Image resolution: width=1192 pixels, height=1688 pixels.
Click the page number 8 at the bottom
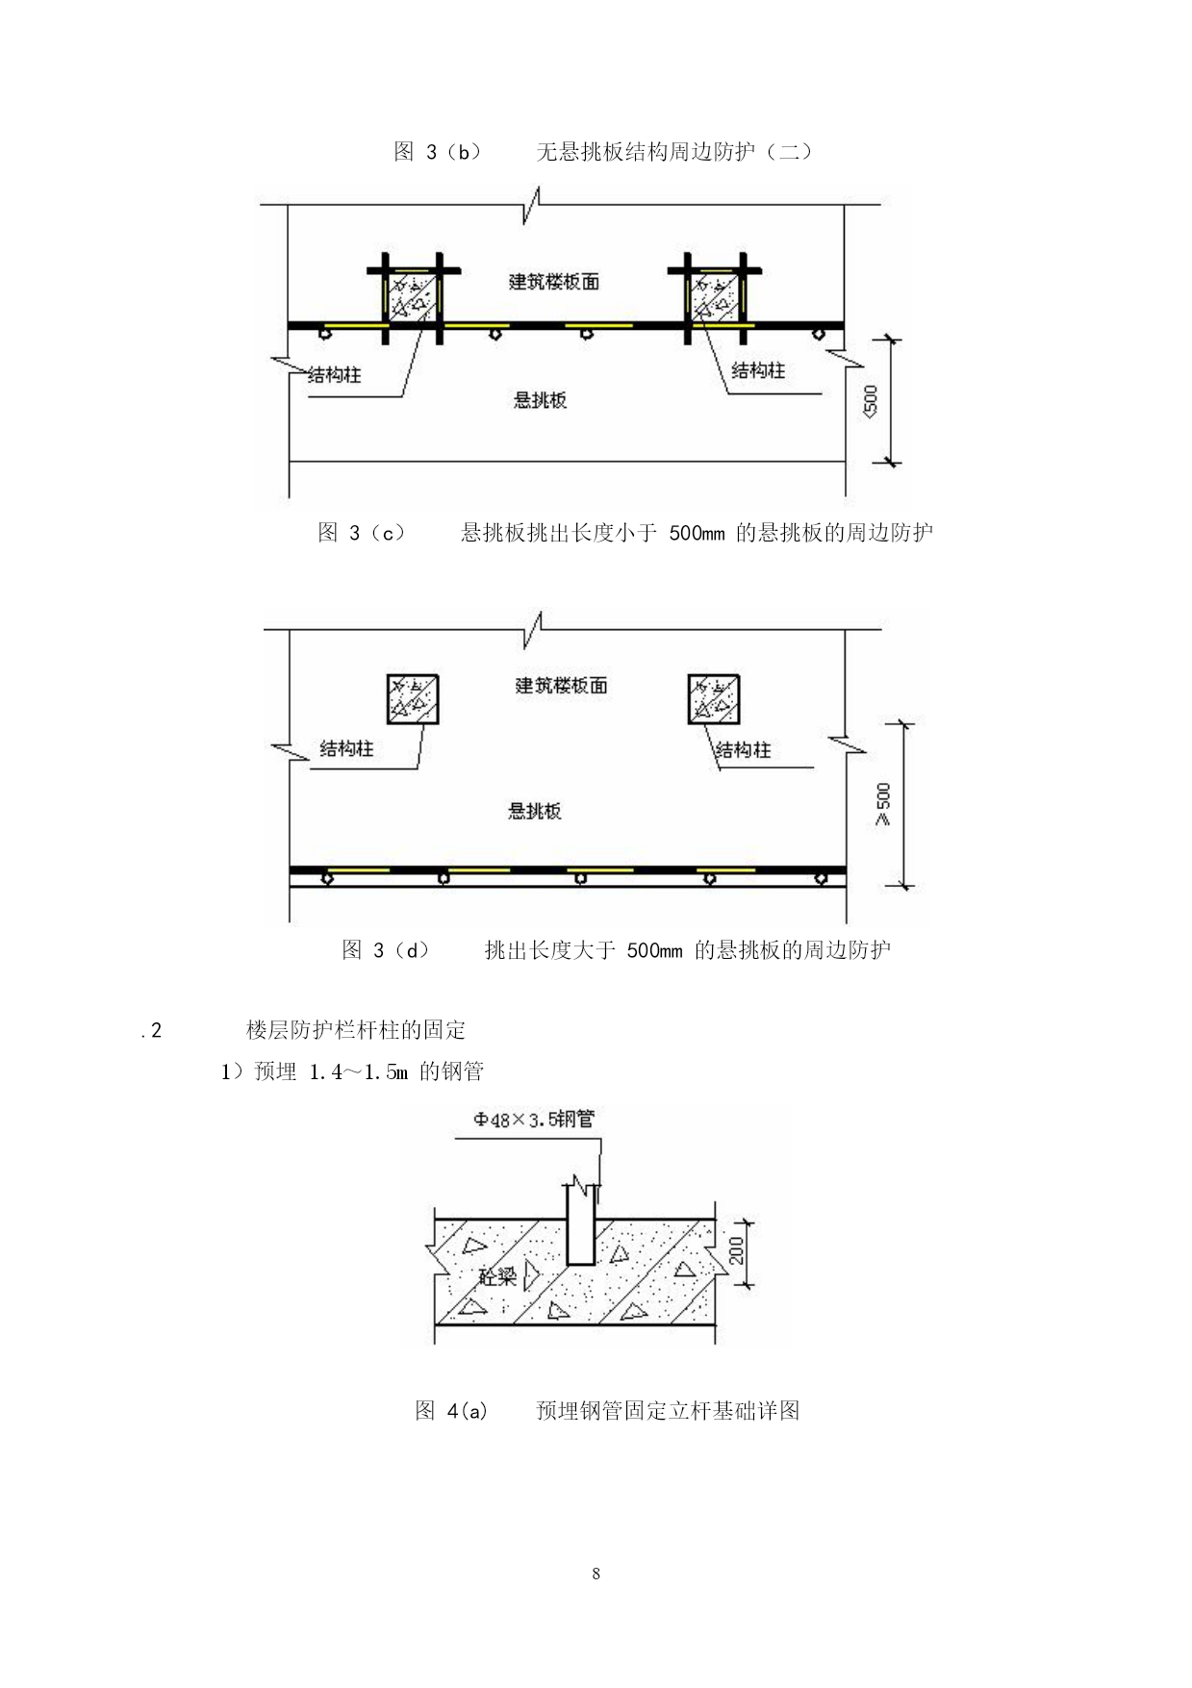pos(596,1575)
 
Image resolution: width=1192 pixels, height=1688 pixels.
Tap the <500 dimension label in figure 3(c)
pos(871,400)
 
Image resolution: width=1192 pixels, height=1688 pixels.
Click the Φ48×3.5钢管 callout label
pos(534,1120)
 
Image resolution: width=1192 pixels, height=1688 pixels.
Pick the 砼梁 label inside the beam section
pos(497,1277)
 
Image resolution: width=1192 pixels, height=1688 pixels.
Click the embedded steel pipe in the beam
pos(580,1224)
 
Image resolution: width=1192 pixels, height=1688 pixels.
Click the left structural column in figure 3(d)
pos(412,698)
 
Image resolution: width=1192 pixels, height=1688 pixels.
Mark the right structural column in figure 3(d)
pos(714,698)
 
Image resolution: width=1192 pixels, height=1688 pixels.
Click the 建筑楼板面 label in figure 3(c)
pos(553,282)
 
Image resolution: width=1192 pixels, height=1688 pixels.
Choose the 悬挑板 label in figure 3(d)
pos(535,811)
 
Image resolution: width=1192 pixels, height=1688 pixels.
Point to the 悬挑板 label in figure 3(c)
pos(540,400)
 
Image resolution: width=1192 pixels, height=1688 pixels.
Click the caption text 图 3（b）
pos(437,151)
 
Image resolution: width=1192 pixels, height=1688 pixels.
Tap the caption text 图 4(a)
pos(451,1411)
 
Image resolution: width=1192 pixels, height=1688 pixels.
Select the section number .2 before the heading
pos(151,1031)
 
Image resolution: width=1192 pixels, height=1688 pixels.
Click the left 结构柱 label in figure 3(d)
pos(347,748)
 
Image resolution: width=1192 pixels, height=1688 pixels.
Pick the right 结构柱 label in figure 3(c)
pos(758,370)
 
